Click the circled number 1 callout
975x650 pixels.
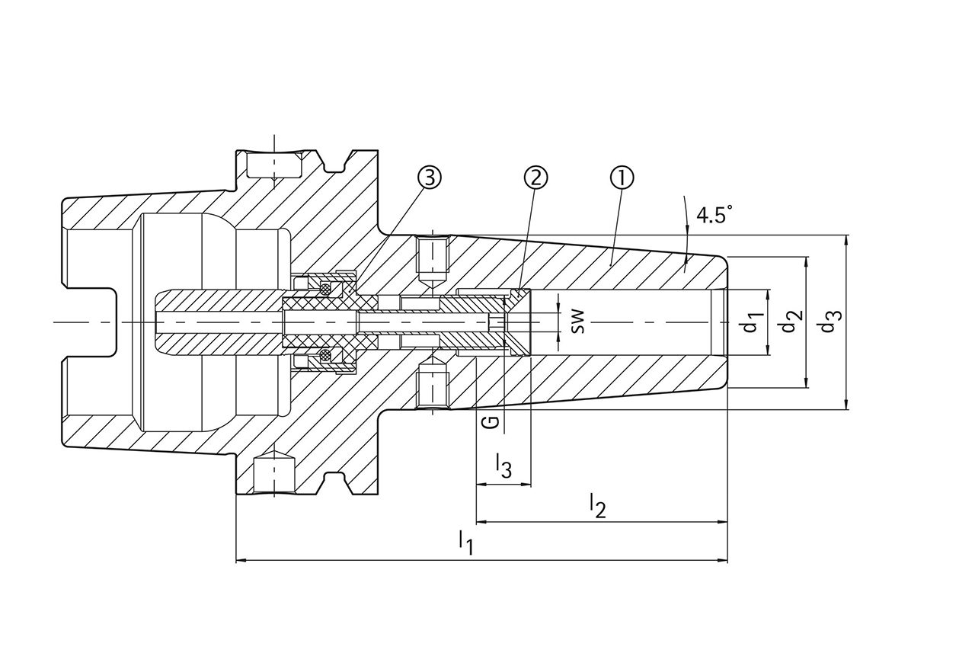coord(622,178)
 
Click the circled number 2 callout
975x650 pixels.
coord(535,178)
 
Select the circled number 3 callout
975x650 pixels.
coord(430,178)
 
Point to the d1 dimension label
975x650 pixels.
coord(753,322)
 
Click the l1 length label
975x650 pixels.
coord(465,543)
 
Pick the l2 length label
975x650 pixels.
coord(597,505)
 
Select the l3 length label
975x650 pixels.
coord(503,466)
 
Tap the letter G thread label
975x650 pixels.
coord(493,421)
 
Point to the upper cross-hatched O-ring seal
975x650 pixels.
coord(326,288)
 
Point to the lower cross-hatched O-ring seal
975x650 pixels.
coord(326,356)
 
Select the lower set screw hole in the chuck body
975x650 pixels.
coord(432,386)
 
